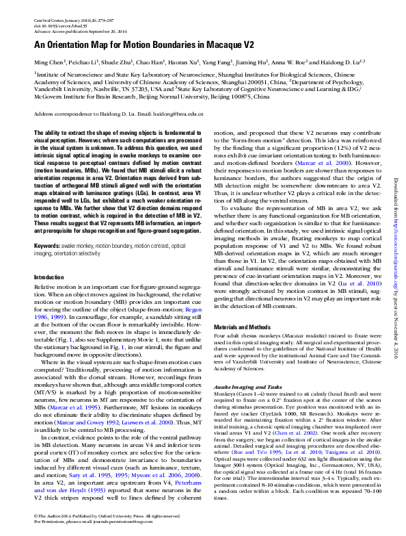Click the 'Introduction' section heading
tap(50, 277)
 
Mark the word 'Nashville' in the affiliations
tap(106, 88)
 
